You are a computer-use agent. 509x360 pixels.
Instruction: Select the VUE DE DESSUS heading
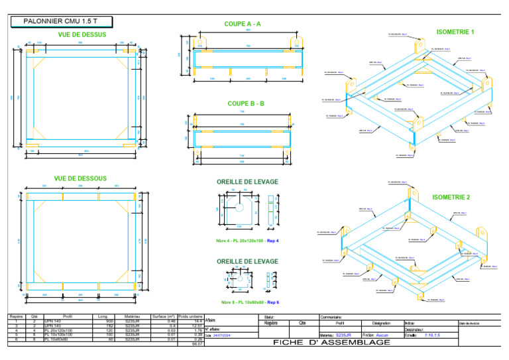pyautogui.click(x=81, y=34)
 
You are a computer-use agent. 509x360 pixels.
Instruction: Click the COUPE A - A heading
pyautogui.click(x=242, y=24)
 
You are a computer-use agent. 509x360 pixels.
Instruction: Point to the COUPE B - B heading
pyautogui.click(x=245, y=103)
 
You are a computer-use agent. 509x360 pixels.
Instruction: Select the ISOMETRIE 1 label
pyautogui.click(x=455, y=32)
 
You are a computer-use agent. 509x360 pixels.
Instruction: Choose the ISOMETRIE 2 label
pyautogui.click(x=451, y=198)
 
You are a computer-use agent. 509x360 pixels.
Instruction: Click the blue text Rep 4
pyautogui.click(x=272, y=240)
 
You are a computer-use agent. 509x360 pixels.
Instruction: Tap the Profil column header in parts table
pyautogui.click(x=68, y=316)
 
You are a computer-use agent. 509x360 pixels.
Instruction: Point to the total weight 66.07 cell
pyautogui.click(x=196, y=344)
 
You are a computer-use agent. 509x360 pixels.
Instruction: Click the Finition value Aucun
pyautogui.click(x=382, y=335)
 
